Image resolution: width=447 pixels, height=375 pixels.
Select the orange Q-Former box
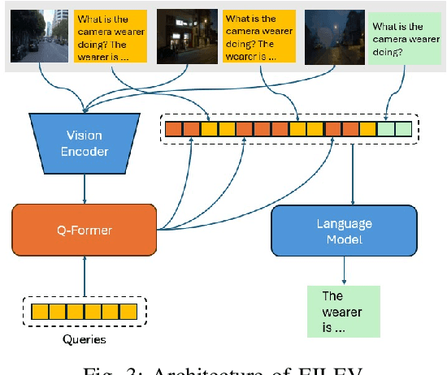[83, 231]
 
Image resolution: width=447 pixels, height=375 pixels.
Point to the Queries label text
[84, 339]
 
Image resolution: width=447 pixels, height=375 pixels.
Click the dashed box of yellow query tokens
[84, 311]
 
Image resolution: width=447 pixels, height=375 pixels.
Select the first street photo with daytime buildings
[39, 37]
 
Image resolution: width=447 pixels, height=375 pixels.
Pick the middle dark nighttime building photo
[186, 37]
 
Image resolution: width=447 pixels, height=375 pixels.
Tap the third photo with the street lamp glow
[334, 37]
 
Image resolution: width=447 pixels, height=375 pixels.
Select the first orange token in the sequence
[172, 128]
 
